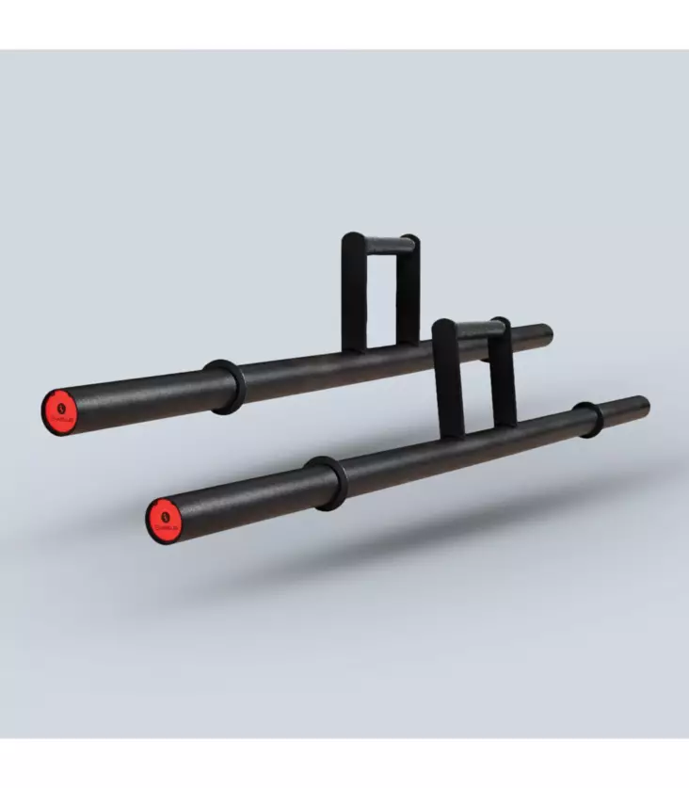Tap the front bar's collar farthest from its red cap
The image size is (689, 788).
click(x=589, y=420)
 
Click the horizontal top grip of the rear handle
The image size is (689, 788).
click(x=380, y=245)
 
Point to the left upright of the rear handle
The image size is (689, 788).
click(x=352, y=292)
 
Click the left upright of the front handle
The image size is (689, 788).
click(x=448, y=377)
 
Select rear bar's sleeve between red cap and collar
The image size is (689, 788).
click(x=141, y=396)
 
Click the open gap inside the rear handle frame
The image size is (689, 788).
click(x=380, y=301)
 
